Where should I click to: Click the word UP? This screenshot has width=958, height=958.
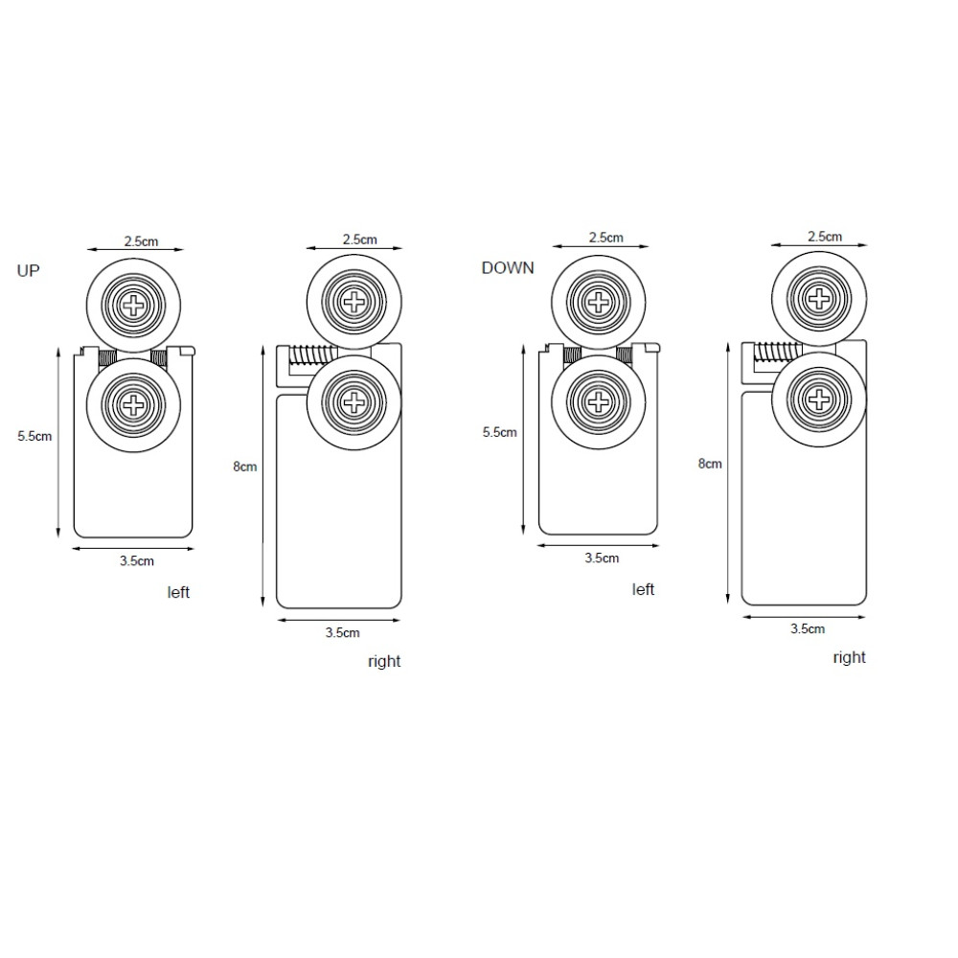click(28, 271)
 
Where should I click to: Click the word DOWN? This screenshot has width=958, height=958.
click(508, 268)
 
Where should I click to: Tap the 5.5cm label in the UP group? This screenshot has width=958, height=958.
click(34, 436)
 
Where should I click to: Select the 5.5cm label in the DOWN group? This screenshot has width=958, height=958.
click(500, 433)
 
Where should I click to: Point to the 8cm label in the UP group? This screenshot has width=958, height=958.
click(245, 467)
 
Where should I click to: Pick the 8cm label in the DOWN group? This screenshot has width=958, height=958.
click(710, 464)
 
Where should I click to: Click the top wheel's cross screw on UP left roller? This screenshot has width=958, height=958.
click(132, 306)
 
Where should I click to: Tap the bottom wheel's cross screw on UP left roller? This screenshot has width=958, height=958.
click(132, 405)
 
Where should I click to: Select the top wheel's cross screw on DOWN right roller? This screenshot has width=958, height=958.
click(819, 299)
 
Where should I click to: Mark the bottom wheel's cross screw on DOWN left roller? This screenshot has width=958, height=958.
click(598, 402)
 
